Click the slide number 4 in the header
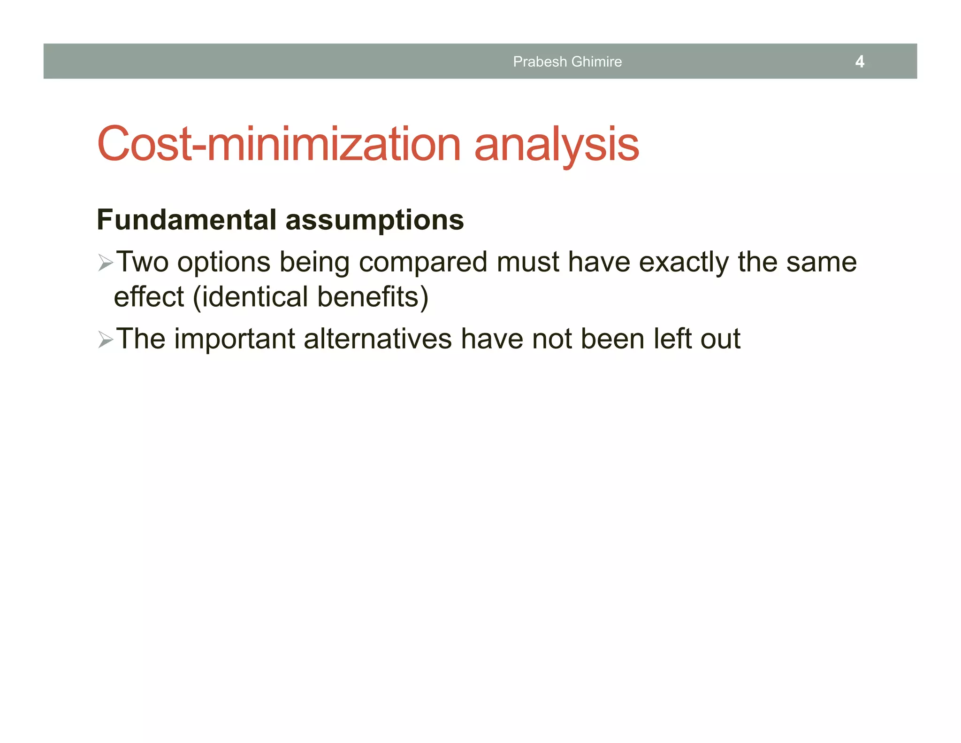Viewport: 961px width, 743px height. click(x=859, y=62)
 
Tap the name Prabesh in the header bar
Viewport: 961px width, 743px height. click(x=540, y=62)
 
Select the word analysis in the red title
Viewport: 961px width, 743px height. click(x=557, y=144)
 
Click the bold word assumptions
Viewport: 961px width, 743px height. click(x=374, y=220)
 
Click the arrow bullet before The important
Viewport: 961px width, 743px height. click(x=106, y=339)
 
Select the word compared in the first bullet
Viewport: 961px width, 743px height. click(x=423, y=262)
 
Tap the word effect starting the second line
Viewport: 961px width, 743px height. click(x=149, y=297)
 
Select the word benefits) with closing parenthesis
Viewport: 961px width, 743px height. click(x=373, y=297)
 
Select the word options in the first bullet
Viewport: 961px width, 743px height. click(x=224, y=262)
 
